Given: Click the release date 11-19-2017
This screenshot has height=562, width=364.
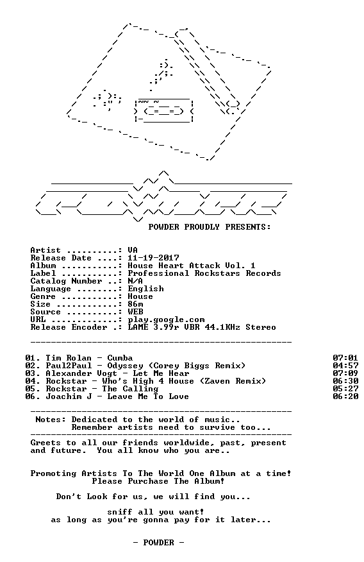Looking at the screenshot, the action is [x=154, y=258].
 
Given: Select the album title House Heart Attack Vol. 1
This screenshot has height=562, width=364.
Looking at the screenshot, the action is [x=192, y=266].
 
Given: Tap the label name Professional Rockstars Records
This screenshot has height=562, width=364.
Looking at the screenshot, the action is [x=204, y=273].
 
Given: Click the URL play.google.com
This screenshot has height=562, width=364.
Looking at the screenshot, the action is [x=166, y=319].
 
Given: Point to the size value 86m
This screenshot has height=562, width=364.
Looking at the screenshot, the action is [x=135, y=304].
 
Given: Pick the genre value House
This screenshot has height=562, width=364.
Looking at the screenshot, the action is [x=140, y=296].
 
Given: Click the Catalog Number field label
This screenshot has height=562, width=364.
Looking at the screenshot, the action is [x=66, y=281].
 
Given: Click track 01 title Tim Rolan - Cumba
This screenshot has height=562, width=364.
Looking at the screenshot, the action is [x=89, y=358].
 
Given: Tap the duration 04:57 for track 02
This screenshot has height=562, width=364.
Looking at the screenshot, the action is [x=345, y=366].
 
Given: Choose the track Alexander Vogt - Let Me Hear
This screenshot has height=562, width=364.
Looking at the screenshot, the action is [x=117, y=373].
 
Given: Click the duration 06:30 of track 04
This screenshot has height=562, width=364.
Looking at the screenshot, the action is [x=345, y=381].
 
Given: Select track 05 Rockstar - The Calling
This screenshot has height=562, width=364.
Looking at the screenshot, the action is [x=102, y=389].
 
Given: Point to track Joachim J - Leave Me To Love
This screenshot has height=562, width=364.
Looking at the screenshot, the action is [x=117, y=396].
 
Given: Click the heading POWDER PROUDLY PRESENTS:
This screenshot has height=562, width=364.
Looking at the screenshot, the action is [x=210, y=227].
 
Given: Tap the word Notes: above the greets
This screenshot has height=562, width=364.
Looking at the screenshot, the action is [x=51, y=420].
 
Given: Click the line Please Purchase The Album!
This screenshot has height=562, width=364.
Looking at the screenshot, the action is [x=158, y=481].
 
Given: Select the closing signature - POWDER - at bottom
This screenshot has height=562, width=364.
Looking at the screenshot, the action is [x=158, y=543].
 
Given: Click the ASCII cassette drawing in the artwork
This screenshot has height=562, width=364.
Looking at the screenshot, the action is [x=163, y=110].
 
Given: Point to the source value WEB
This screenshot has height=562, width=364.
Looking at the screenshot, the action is [x=135, y=312].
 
